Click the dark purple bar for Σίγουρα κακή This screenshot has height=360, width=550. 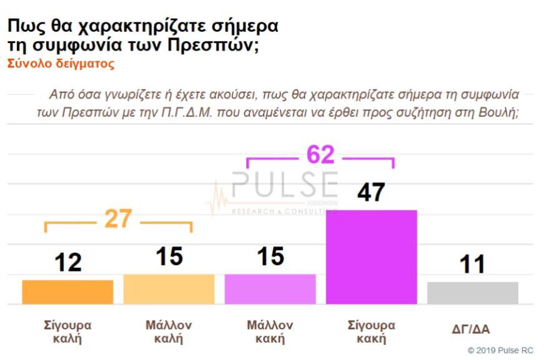click(x=371, y=257)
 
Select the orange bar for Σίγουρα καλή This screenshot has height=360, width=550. click(x=67, y=292)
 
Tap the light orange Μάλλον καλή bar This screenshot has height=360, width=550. click(x=169, y=289)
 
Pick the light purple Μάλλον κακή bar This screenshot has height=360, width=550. click(x=270, y=289)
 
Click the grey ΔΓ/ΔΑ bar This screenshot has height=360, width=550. click(x=472, y=292)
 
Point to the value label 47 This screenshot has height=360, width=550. click(x=371, y=192)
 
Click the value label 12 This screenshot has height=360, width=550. click(x=67, y=262)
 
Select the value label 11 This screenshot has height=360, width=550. click(x=472, y=264)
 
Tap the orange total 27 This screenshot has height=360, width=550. click(x=118, y=219)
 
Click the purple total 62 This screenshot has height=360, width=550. click(x=320, y=155)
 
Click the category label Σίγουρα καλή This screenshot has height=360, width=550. click(x=67, y=332)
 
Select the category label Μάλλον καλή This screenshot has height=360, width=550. click(x=169, y=332)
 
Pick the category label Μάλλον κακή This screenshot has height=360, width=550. click(x=270, y=332)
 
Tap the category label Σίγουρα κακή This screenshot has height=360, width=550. click(x=371, y=332)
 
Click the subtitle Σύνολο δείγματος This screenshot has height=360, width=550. click(x=61, y=64)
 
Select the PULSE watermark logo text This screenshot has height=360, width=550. click(x=284, y=184)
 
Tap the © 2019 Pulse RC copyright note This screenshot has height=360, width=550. click(x=500, y=350)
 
